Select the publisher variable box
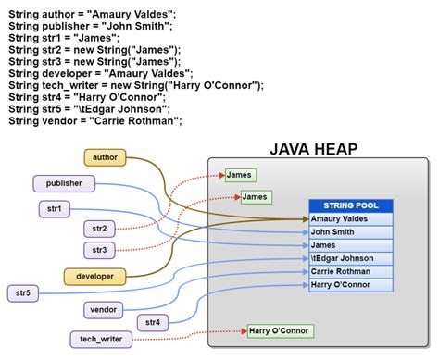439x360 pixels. tap(65, 184)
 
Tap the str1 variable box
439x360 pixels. tap(54, 209)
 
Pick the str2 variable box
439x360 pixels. tap(99, 228)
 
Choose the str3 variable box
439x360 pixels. tap(99, 250)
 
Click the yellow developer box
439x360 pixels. tap(94, 275)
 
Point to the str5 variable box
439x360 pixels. tap(22, 293)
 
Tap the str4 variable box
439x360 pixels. tap(154, 322)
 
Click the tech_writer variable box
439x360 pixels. tap(100, 339)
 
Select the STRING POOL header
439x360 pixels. tap(351, 205)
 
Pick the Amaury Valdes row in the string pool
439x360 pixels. tap(351, 219)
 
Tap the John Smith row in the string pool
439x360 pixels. tap(351, 232)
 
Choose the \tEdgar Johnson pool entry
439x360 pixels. tap(351, 258)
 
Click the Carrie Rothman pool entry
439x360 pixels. tap(351, 271)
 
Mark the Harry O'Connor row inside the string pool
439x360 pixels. tap(351, 284)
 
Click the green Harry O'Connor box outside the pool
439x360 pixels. tap(280, 330)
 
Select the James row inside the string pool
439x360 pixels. tap(351, 245)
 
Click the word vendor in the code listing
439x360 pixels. tap(66, 120)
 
